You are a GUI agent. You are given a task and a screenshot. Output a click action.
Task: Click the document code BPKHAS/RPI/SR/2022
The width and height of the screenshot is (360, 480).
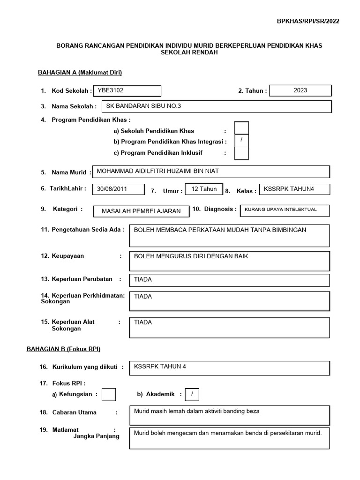[x=308, y=21]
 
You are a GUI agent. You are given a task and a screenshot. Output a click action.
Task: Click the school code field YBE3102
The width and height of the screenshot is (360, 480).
[x=127, y=90]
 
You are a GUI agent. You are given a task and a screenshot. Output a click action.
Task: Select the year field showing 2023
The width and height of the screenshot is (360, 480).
[x=300, y=90]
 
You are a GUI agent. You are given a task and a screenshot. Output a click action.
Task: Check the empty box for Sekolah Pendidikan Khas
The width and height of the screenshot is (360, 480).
[x=241, y=128]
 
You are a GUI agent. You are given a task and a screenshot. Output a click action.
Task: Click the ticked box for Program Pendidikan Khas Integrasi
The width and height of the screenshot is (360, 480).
[x=241, y=141]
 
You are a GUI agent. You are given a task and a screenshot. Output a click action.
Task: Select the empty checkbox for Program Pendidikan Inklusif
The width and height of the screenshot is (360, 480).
[x=241, y=153]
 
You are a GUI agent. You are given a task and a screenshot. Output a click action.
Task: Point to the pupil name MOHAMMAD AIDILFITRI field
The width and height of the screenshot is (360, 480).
[x=211, y=172]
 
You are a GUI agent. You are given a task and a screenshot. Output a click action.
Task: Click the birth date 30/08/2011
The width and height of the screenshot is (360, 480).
[x=118, y=189]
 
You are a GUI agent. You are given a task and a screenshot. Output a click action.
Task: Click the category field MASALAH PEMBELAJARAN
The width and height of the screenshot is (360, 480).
[x=141, y=211]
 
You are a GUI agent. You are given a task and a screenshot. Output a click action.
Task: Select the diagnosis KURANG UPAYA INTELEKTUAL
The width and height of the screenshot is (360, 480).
[x=285, y=210]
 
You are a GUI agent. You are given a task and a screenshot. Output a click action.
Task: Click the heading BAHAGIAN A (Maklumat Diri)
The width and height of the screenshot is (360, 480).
[x=80, y=72]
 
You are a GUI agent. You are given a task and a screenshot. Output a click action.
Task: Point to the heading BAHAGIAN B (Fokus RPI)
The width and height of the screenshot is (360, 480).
[x=69, y=349]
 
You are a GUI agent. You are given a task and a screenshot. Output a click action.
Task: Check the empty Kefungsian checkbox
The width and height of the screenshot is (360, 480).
[x=109, y=395]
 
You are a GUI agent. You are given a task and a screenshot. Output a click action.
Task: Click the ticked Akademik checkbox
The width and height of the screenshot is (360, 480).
[x=192, y=395]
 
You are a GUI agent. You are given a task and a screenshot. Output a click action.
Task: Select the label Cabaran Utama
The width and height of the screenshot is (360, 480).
[x=75, y=412]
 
